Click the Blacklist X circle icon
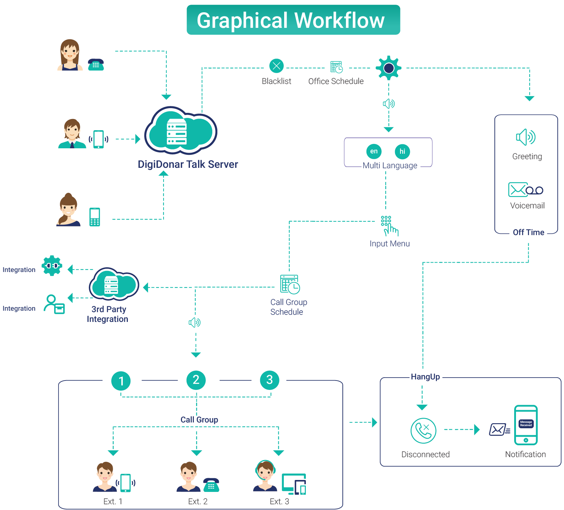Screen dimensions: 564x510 point(277,66)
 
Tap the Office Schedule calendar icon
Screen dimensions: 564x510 point(337,67)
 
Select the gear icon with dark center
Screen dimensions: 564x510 point(389,68)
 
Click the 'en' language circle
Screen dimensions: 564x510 point(374,151)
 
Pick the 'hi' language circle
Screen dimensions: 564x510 point(402,151)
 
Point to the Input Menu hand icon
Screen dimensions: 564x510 point(389,226)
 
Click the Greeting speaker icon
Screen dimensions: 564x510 point(526,137)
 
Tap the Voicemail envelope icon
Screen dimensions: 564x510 point(526,190)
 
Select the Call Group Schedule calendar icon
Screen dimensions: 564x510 point(290,284)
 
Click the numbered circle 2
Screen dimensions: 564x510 point(196,380)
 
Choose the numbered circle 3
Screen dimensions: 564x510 point(270,380)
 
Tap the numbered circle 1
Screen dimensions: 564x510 point(121,381)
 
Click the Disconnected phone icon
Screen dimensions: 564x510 point(423,430)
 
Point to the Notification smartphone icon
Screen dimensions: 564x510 point(526,425)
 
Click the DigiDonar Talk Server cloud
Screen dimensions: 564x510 point(181,130)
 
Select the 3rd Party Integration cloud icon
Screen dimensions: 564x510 point(114,284)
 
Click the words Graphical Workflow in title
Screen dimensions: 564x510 point(291,20)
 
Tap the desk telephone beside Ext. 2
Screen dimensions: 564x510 point(211,485)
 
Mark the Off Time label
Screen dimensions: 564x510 point(529,232)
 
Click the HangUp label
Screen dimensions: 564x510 point(425,377)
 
